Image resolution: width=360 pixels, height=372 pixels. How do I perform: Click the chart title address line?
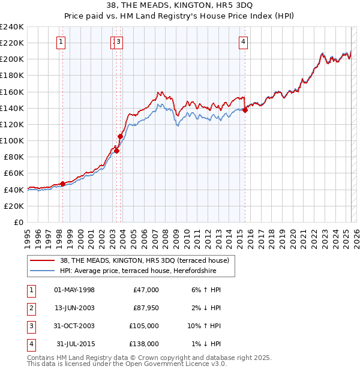[179, 5]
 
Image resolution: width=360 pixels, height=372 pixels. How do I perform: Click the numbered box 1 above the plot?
[62, 41]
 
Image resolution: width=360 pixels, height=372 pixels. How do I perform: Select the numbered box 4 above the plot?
[243, 41]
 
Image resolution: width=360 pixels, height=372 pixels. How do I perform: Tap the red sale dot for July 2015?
[245, 110]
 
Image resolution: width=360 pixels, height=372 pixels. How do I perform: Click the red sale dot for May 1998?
[62, 184]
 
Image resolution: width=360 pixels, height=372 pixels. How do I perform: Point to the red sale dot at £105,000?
[120, 137]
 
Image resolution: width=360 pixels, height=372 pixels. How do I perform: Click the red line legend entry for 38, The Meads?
[144, 261]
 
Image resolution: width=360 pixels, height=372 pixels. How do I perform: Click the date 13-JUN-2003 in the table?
[74, 308]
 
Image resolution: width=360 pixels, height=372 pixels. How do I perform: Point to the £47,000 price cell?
[146, 290]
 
